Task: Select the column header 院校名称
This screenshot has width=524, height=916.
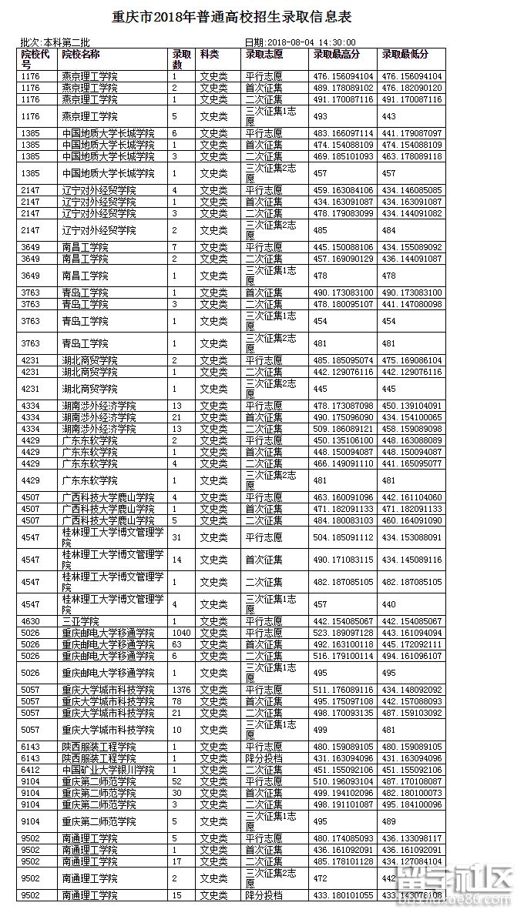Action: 81,55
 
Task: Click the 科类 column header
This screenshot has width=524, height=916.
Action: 209,55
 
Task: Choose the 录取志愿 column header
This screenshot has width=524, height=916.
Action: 264,55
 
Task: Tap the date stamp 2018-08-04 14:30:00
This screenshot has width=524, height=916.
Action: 300,42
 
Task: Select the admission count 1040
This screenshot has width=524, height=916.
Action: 182,633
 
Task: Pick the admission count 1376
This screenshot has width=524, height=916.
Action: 182,690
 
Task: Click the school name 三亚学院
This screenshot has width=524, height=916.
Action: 80,621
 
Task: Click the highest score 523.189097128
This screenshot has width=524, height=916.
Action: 343,633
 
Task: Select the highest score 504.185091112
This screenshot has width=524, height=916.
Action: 343,537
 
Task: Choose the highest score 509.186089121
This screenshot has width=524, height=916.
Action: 343,429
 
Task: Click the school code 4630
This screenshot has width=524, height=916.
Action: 31,621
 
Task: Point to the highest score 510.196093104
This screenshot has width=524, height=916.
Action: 343,781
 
